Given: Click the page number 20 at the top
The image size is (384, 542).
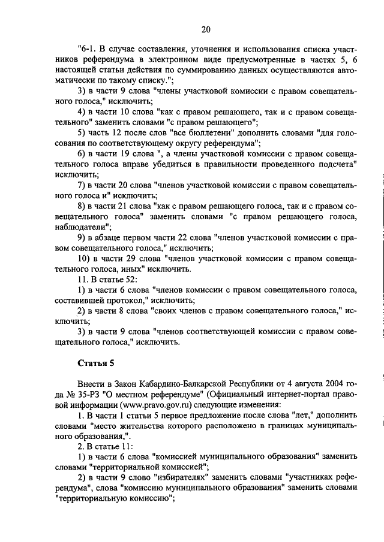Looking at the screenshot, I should pyautogui.click(x=206, y=29).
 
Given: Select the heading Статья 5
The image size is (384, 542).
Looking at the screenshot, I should pyautogui.click(x=95, y=363).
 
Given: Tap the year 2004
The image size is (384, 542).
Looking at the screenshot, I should pyautogui.click(x=334, y=383).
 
